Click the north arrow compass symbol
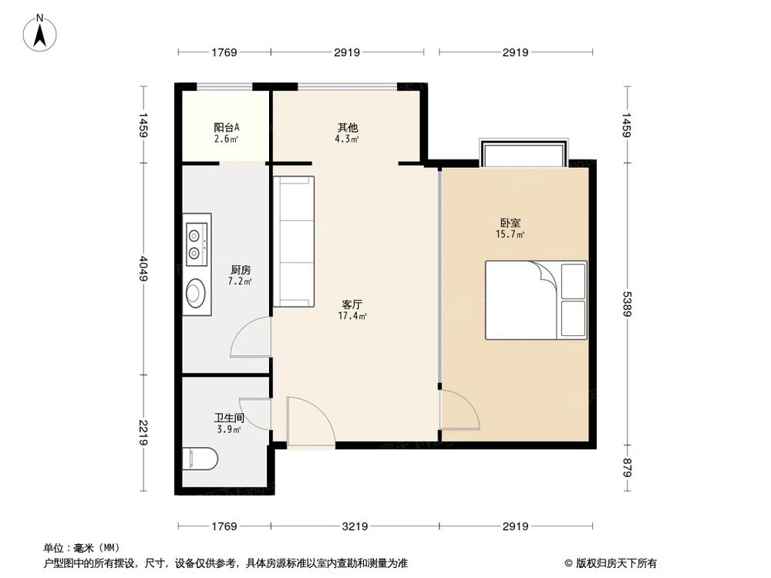tap(40, 33)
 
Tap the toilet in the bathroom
tap(200, 459)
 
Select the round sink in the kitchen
tap(195, 293)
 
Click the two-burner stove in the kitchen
tap(196, 241)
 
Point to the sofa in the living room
tap(294, 241)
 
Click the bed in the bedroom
tap(536, 300)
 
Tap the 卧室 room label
tap(511, 223)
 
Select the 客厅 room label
tap(352, 304)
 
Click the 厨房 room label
tap(241, 270)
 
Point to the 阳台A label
tap(227, 127)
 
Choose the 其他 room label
tap(347, 127)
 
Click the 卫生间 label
tap(229, 418)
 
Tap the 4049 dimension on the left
tap(143, 268)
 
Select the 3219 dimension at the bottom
tap(355, 526)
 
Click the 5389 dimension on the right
tap(626, 304)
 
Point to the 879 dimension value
tap(626, 467)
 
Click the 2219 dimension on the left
tap(143, 432)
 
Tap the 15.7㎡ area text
tap(510, 234)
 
